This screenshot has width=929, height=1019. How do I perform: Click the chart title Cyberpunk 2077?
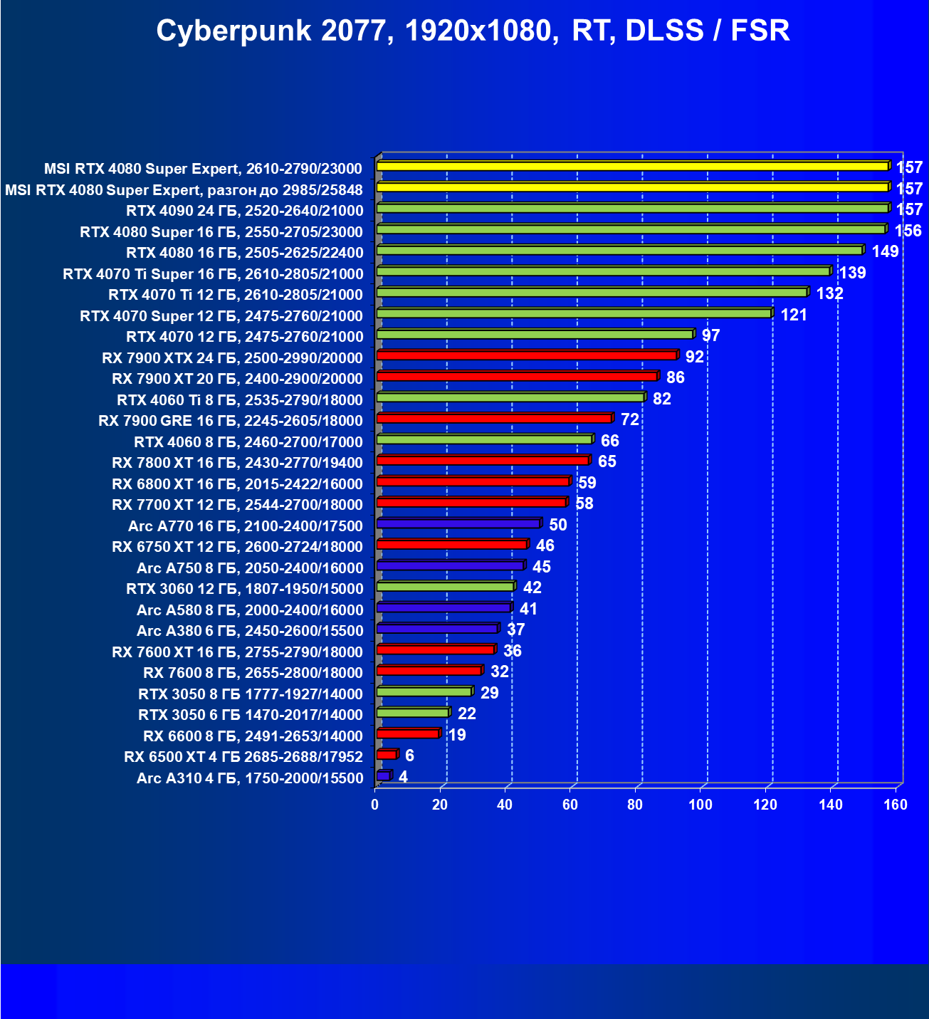(473, 31)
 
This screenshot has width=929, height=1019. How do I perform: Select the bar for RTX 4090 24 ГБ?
(632, 209)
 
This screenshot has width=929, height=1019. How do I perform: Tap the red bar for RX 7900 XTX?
(526, 355)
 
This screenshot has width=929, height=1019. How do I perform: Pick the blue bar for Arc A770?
(458, 523)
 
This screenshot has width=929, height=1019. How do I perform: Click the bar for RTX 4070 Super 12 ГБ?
(574, 313)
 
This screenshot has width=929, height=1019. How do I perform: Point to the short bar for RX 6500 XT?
(386, 755)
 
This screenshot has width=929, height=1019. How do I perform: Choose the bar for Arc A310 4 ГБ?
(383, 775)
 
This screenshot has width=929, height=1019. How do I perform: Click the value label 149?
(885, 252)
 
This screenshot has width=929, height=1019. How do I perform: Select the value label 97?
(710, 336)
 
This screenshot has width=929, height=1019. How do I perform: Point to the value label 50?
(558, 526)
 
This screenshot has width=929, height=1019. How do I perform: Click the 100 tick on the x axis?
(700, 805)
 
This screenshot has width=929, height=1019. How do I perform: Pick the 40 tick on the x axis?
(505, 805)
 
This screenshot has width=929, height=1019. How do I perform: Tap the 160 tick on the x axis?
(896, 805)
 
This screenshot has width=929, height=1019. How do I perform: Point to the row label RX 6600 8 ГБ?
(253, 736)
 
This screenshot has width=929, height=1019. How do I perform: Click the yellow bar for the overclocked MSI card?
(632, 187)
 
